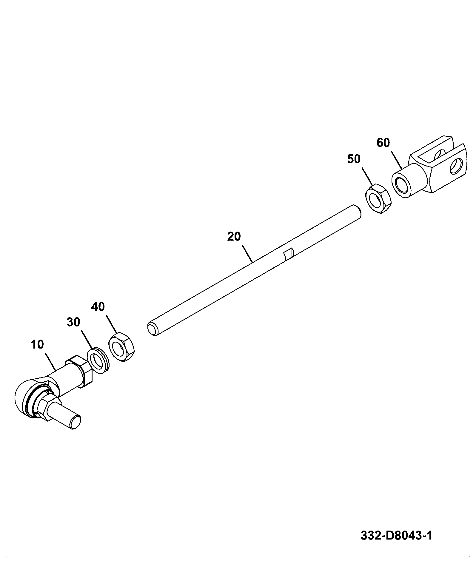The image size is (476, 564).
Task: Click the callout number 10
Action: [x=37, y=344]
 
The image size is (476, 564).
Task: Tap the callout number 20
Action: [x=234, y=236]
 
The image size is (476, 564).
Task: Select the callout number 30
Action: [x=73, y=322]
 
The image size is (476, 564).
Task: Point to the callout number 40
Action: [x=98, y=306]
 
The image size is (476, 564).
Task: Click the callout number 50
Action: [x=354, y=159]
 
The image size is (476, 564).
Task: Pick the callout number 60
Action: [x=383, y=143]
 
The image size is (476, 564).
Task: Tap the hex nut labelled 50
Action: [x=378, y=199]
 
